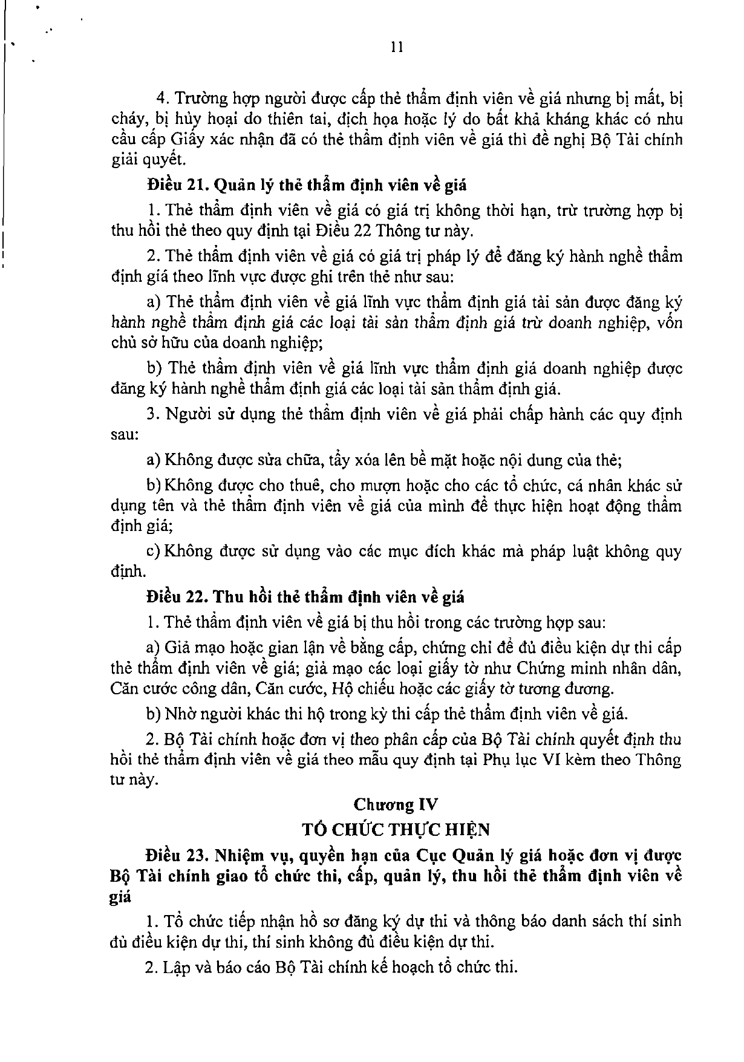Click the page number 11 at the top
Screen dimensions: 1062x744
[x=396, y=48]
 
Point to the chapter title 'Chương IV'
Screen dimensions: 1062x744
[x=396, y=805]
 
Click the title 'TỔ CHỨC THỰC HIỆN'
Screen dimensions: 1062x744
[x=396, y=829]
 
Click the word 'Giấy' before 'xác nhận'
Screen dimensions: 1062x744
[x=186, y=140]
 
